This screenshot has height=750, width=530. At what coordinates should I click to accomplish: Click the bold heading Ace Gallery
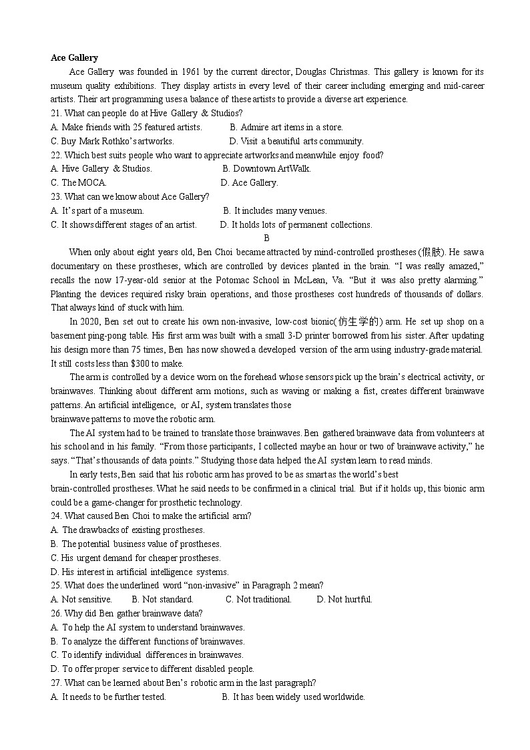pos(74,58)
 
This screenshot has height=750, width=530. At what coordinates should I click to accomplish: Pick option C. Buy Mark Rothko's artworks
pos(112,141)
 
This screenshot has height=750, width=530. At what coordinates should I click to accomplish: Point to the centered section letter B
pos(266,238)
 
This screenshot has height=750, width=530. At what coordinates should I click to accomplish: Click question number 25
pos(56,586)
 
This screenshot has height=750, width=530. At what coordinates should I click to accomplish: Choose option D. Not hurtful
pos(344,599)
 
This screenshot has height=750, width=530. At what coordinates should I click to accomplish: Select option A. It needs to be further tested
pos(108,697)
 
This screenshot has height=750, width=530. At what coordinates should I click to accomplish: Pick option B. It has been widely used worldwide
pos(293,697)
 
